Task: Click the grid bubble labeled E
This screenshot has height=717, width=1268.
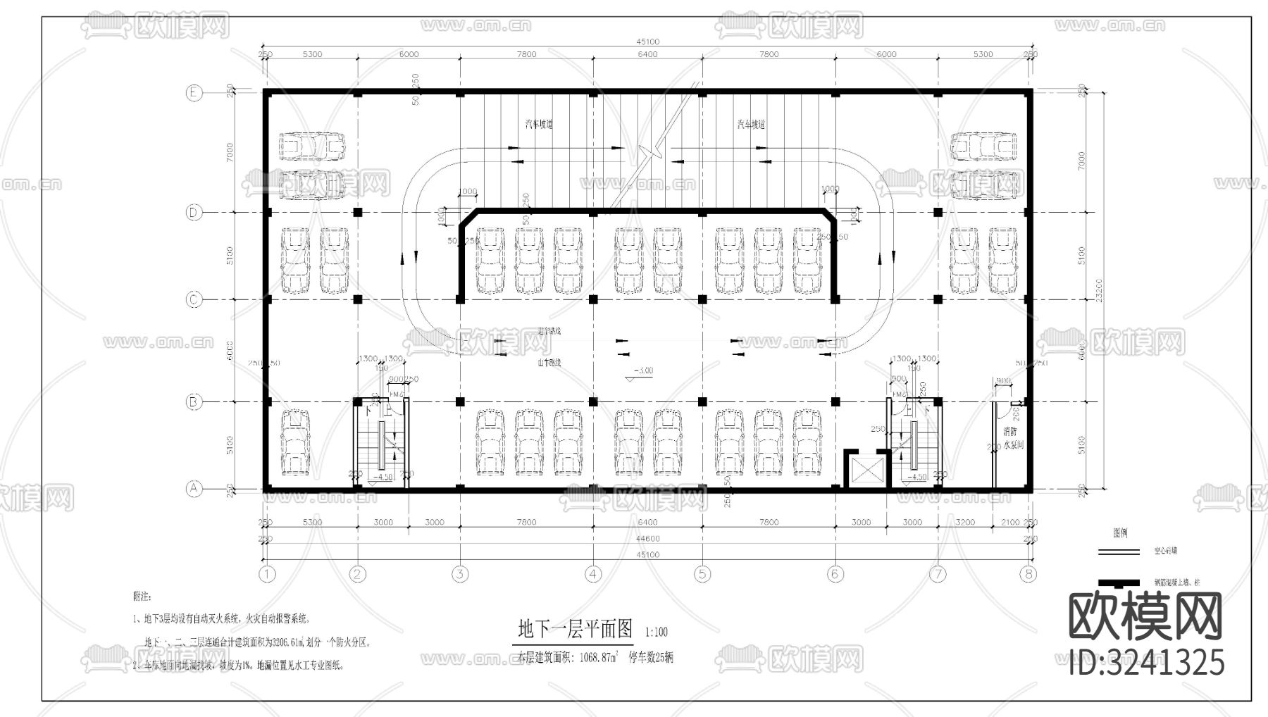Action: click(x=194, y=93)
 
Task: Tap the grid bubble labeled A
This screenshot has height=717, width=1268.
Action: click(x=194, y=488)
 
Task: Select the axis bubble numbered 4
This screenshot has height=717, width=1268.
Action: click(x=593, y=574)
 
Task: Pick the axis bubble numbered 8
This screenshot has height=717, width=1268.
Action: click(x=1028, y=574)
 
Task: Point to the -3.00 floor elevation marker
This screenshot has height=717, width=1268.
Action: click(x=642, y=371)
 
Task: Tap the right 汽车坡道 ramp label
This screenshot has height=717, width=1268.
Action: click(x=751, y=124)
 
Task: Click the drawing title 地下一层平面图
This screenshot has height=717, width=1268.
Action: click(x=576, y=628)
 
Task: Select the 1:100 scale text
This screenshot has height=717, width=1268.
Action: click(x=656, y=632)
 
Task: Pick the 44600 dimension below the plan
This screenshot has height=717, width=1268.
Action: click(x=647, y=539)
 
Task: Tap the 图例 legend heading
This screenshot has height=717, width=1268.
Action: click(x=1120, y=533)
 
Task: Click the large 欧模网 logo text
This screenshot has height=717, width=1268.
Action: click(x=1145, y=616)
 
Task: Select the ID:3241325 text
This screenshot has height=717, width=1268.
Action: click(x=1146, y=663)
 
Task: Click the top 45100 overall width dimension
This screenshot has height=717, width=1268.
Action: click(x=647, y=42)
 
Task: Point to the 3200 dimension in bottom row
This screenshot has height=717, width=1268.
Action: click(x=966, y=523)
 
